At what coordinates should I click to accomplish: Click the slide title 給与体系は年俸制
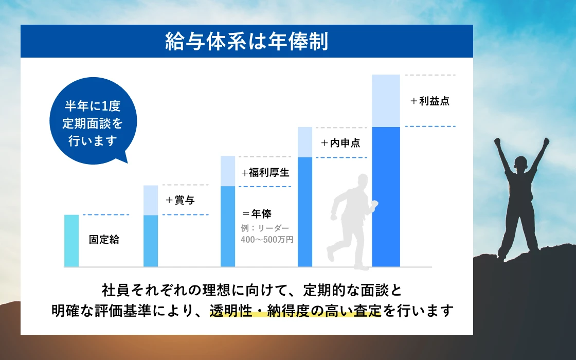point(246,41)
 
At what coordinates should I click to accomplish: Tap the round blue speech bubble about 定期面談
point(93,121)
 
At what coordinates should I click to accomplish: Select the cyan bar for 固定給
point(71,241)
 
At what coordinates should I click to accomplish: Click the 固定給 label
point(104,240)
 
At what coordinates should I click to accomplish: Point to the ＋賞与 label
point(180,200)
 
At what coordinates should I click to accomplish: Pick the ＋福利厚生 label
point(265,172)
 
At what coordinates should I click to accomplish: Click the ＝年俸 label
point(257,214)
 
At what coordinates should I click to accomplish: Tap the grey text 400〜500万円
point(267,240)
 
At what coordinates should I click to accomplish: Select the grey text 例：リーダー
point(265,228)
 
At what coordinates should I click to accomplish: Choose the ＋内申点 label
point(340,143)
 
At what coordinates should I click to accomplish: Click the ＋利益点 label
point(430,101)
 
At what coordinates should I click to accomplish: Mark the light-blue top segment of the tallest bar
point(386,101)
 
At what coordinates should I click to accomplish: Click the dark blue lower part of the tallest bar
point(386,197)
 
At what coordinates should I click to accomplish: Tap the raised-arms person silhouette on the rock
point(521,199)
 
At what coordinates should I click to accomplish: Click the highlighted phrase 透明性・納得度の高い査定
point(296,311)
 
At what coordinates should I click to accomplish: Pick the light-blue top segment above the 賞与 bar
point(151,200)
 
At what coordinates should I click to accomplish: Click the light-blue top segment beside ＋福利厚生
point(228,171)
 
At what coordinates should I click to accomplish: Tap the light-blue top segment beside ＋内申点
point(305,142)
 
